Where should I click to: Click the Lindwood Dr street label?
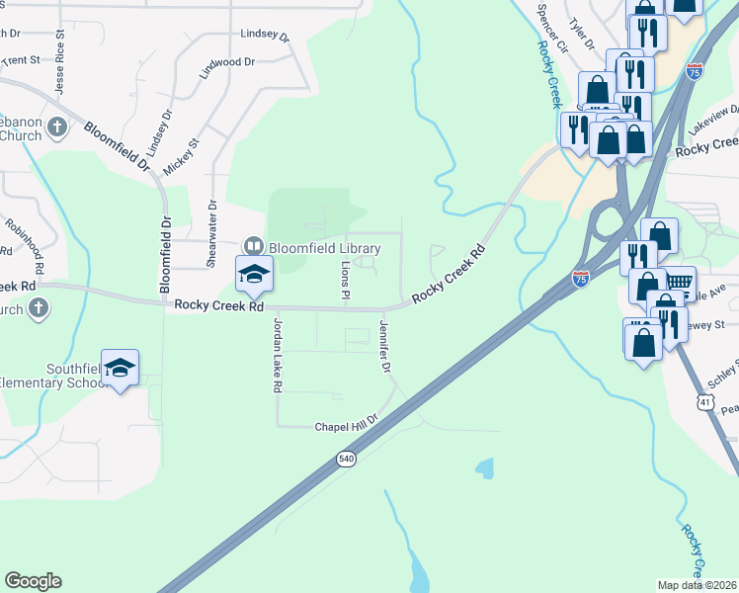pyautogui.click(x=227, y=62)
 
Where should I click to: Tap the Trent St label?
pyautogui.click(x=20, y=60)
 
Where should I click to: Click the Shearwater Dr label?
pyautogui.click(x=211, y=233)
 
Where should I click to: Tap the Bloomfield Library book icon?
pyautogui.click(x=254, y=246)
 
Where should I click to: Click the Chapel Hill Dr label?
pyautogui.click(x=346, y=427)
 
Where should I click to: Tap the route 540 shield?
pyautogui.click(x=346, y=461)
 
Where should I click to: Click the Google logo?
pyautogui.click(x=33, y=581)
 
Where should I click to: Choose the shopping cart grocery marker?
pyautogui.click(x=679, y=284)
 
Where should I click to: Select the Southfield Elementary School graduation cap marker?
pyautogui.click(x=121, y=368)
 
